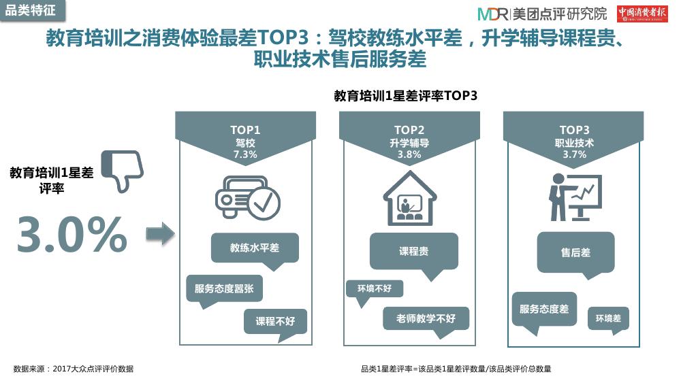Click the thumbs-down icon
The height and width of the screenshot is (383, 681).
click(122, 171)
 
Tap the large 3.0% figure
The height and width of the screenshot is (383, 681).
click(72, 234)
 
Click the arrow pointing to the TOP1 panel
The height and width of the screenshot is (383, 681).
click(160, 234)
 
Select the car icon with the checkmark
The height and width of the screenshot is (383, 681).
click(248, 197)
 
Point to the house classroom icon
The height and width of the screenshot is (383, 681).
click(410, 198)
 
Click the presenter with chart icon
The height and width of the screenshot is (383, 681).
click(575, 197)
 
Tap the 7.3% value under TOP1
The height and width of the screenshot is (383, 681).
click(245, 154)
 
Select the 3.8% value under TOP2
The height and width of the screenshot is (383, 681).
click(409, 154)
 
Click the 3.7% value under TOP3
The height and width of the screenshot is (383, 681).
click(574, 154)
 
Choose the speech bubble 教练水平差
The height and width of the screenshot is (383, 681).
click(255, 248)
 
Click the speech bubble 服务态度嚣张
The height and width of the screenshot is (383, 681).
click(224, 289)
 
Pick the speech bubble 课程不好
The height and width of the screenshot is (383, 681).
click(275, 322)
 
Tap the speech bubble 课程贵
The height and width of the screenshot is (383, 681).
click(414, 252)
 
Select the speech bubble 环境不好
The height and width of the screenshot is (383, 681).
click(375, 289)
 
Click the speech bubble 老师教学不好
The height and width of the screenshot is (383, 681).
click(426, 319)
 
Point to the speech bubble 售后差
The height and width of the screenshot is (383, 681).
click(575, 253)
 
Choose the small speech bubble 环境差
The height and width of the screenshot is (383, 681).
click(608, 319)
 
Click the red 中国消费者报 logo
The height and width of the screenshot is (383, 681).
click(642, 14)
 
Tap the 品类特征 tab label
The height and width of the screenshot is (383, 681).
click(31, 10)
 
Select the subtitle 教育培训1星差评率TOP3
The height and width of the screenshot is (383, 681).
click(406, 96)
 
